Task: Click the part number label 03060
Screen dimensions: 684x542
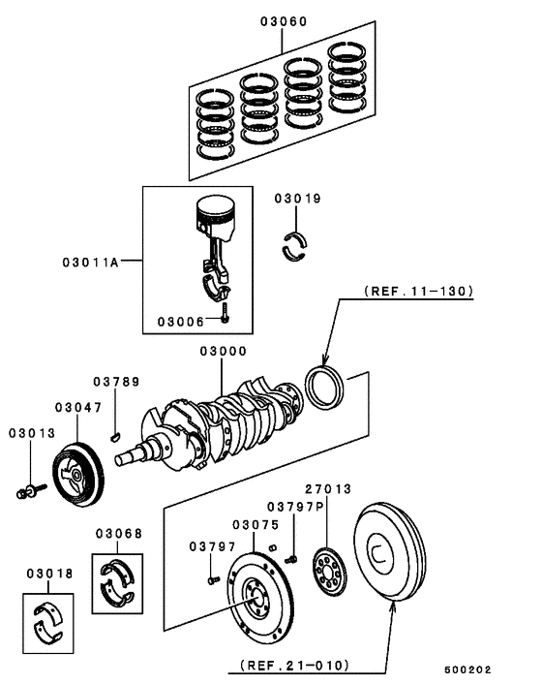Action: tap(283, 19)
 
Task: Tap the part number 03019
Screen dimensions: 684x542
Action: tap(296, 199)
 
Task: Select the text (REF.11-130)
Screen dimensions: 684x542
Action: tap(419, 291)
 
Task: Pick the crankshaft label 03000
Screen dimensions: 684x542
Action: tap(223, 352)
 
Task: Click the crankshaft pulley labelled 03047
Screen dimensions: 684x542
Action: tap(80, 474)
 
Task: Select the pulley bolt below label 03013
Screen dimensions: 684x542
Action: tap(27, 491)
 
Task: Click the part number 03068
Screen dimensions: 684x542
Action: tap(118, 533)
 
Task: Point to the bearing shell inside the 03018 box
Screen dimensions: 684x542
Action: tap(46, 619)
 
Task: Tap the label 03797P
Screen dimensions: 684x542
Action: tap(293, 506)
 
